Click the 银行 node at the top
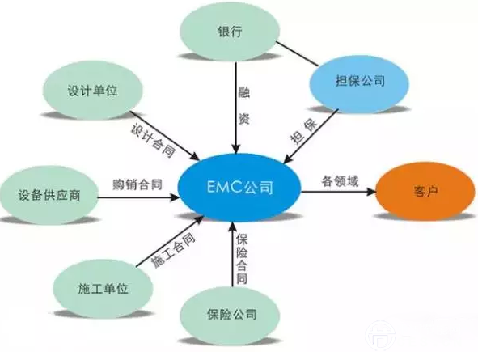click(x=231, y=31)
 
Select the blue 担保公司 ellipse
click(x=359, y=82)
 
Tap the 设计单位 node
click(x=92, y=91)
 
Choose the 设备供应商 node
click(x=49, y=195)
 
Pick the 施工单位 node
click(x=103, y=288)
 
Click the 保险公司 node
click(x=231, y=315)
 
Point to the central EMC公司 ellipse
click(x=239, y=187)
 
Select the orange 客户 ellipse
click(x=425, y=191)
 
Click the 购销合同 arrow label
click(x=137, y=184)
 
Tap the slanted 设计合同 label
click(x=153, y=140)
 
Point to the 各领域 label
click(x=340, y=181)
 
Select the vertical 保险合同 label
click(x=242, y=259)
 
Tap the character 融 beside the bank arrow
click(x=243, y=92)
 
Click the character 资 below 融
click(x=243, y=119)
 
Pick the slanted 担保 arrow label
click(x=303, y=133)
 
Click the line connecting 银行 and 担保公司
click(x=297, y=53)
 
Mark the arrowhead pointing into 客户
click(x=371, y=192)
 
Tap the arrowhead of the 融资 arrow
click(x=236, y=149)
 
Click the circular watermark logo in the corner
click(x=380, y=335)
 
